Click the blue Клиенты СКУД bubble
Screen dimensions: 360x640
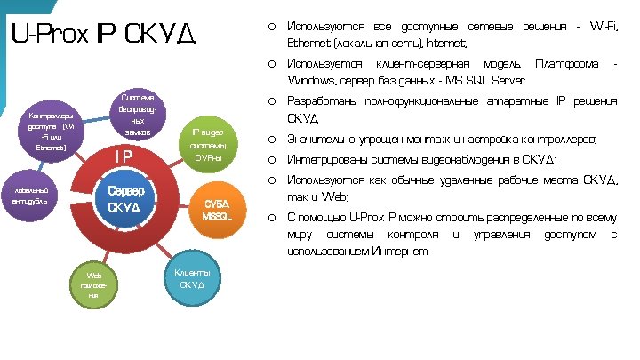point(192,278)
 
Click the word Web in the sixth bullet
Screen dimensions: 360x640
point(338,196)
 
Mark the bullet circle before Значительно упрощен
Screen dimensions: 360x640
point(270,140)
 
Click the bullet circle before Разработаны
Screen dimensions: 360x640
point(270,101)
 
